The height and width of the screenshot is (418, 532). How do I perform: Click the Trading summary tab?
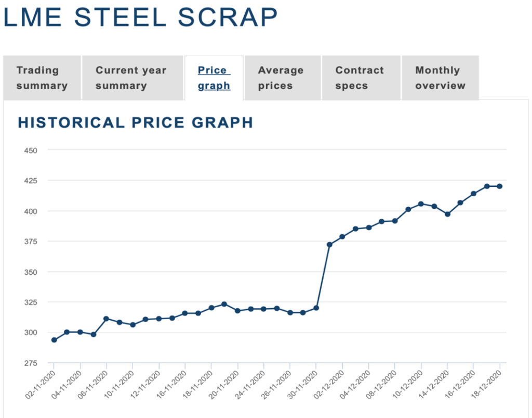point(42,78)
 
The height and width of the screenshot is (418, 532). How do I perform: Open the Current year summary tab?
point(130,78)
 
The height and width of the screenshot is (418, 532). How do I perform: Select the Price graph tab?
point(214,78)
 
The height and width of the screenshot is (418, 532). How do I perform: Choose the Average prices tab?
point(281,78)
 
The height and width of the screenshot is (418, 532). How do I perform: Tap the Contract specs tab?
point(360,78)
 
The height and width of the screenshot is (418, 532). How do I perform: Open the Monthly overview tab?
point(440,78)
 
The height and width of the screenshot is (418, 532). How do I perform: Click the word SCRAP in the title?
point(228,18)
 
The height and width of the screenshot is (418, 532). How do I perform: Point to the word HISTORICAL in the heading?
point(71,123)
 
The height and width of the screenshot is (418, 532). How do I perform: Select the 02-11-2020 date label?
point(41,384)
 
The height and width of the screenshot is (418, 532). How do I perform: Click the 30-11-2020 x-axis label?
point(302,384)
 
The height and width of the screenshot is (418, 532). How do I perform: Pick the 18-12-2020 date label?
point(486,384)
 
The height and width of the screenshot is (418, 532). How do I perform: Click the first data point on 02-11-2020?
point(54,340)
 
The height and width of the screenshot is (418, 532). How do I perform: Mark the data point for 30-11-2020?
point(316,308)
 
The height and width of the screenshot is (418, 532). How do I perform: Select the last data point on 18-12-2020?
point(500,186)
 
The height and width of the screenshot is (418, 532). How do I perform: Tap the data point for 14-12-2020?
point(447,214)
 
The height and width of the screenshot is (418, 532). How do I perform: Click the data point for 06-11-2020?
point(107,319)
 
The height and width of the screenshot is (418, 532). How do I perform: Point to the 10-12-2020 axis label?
point(408,384)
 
